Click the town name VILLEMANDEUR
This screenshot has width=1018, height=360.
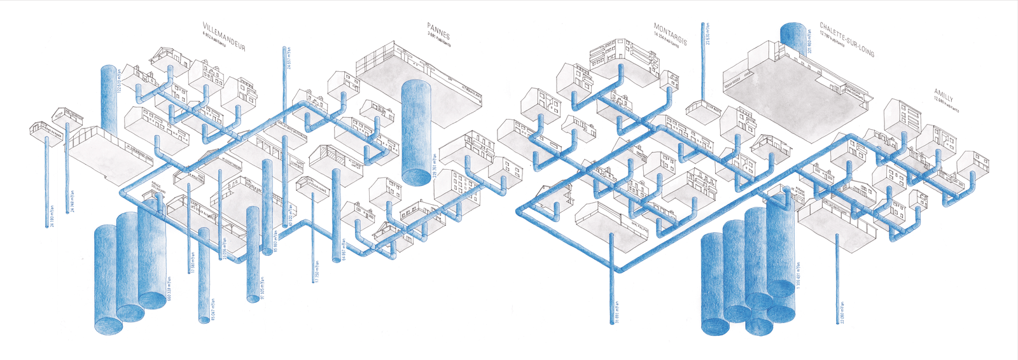[x=223, y=38]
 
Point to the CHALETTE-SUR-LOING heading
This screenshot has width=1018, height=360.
[x=847, y=40]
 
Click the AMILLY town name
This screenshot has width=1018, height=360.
[x=946, y=96]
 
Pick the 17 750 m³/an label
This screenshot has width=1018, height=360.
[x=316, y=270]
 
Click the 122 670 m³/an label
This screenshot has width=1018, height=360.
[x=118, y=80]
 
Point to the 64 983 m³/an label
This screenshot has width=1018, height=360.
[x=344, y=250]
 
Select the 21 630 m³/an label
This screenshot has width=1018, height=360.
[x=708, y=34]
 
